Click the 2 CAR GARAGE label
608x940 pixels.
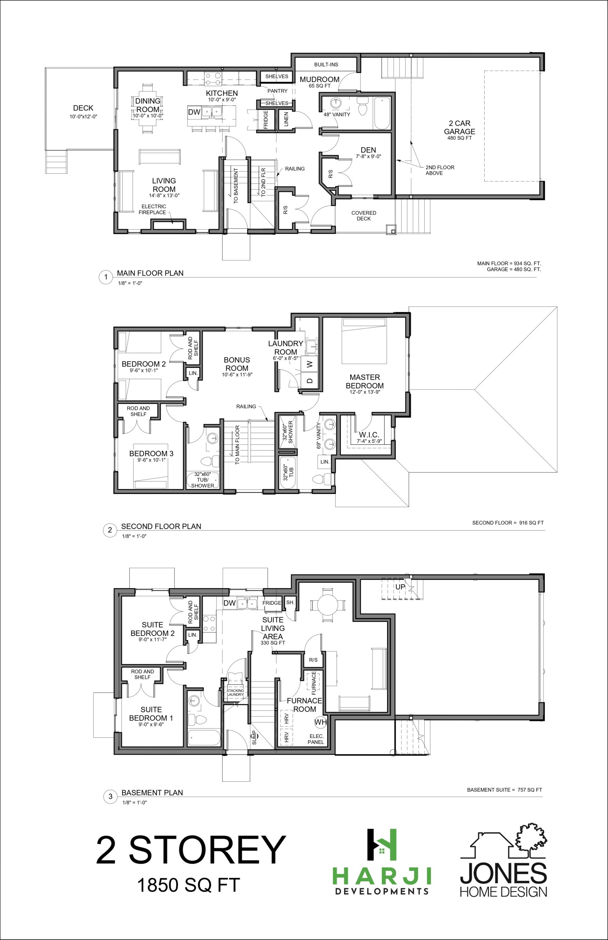[460, 127]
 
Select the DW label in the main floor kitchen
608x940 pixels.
[194, 112]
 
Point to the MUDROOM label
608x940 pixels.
[319, 79]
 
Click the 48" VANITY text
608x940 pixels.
[337, 115]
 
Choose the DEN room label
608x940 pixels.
[368, 150]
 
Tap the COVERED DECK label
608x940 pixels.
[363, 216]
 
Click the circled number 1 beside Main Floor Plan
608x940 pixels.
[105, 277]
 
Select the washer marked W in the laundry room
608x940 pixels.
[310, 364]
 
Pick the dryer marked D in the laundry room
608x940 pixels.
[310, 380]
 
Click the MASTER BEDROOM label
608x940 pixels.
[365, 382]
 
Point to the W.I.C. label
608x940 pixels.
[369, 435]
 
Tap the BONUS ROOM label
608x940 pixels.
[237, 364]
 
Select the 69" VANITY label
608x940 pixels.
[319, 435]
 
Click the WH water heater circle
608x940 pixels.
[321, 723]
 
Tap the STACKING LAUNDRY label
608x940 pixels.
[235, 693]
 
